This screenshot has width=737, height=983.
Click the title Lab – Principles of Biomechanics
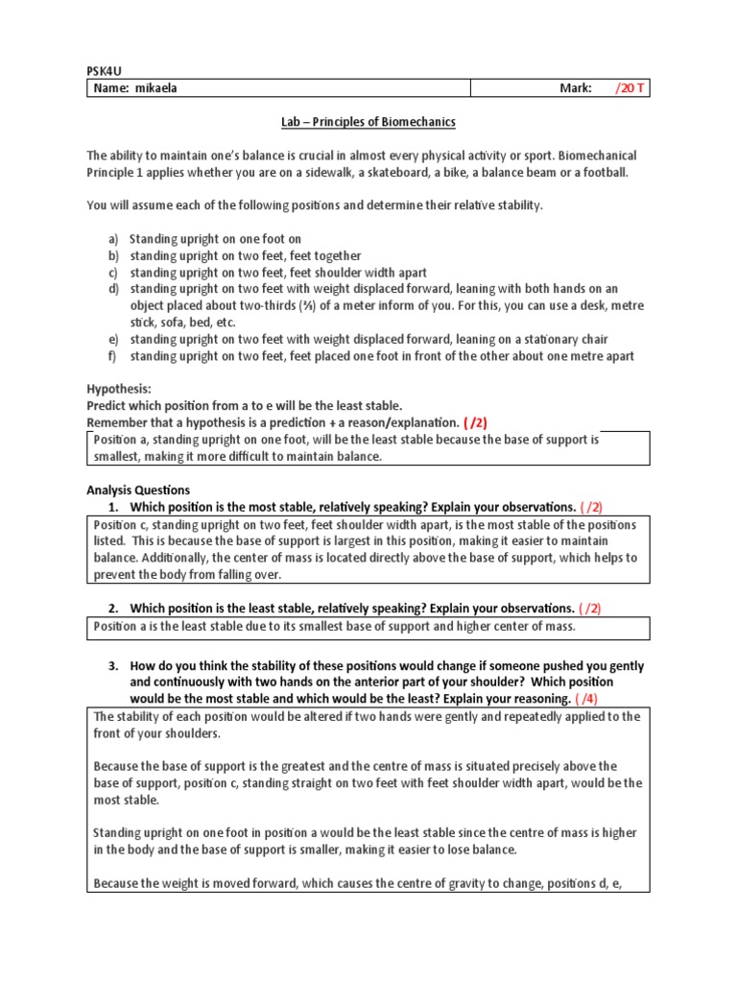pyautogui.click(x=368, y=122)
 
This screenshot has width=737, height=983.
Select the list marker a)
pyautogui.click(x=113, y=239)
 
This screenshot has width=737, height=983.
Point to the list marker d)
pyautogui.click(x=113, y=289)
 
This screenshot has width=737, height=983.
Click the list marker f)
pyautogui.click(x=112, y=356)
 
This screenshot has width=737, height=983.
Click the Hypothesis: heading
pyautogui.click(x=119, y=390)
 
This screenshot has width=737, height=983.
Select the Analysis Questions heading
pyautogui.click(x=138, y=490)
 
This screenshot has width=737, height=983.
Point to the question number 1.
pyautogui.click(x=112, y=507)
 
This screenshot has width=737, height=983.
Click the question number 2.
pyautogui.click(x=112, y=608)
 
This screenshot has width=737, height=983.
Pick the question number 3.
pyautogui.click(x=112, y=665)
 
